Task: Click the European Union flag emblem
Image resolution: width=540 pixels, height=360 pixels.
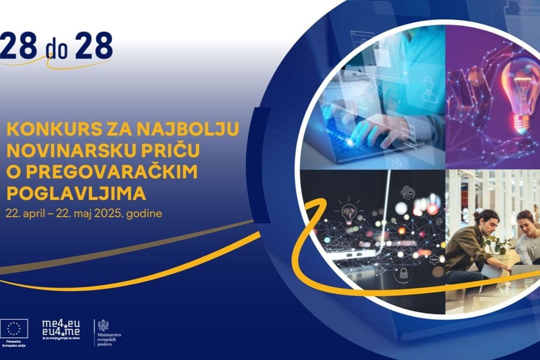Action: [x=14, y=329]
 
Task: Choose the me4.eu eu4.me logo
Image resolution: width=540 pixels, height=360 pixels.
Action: [x=61, y=329]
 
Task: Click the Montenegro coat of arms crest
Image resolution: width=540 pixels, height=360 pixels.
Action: [x=103, y=325]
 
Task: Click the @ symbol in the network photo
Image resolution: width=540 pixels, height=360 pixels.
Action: [x=440, y=222]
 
